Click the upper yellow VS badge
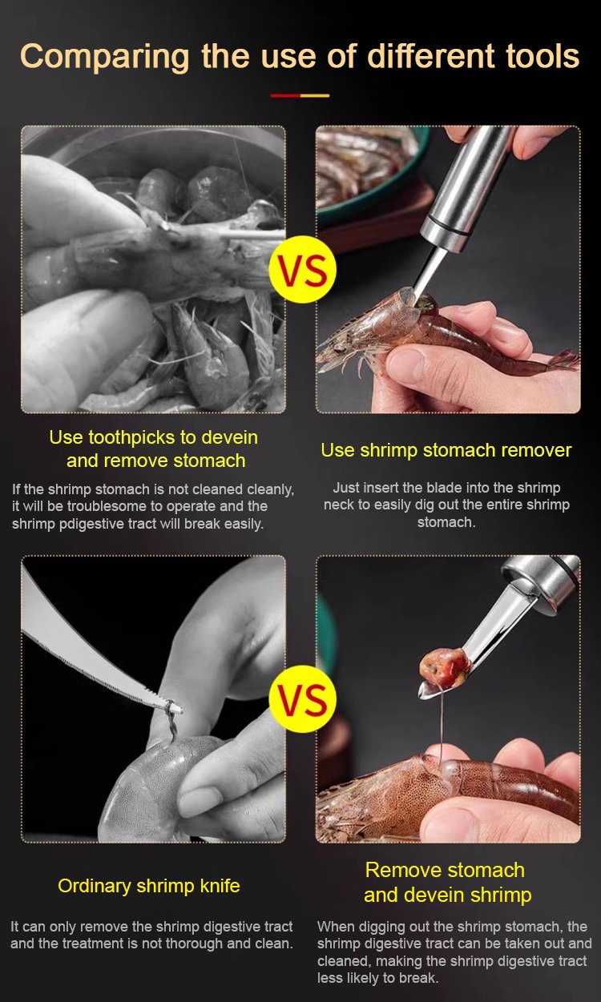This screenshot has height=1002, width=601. [x=303, y=270]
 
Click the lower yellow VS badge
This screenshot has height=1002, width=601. [x=303, y=698]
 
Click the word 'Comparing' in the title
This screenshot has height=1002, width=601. [x=105, y=57]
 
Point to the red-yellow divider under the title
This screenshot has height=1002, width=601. [x=300, y=95]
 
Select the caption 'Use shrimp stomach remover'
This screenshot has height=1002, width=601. [x=446, y=450]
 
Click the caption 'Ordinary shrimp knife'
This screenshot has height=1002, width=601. [x=149, y=886]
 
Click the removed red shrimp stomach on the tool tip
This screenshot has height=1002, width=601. [x=445, y=668]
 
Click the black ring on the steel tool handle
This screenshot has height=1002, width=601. [x=447, y=225]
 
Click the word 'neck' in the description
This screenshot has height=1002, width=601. [x=339, y=505]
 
